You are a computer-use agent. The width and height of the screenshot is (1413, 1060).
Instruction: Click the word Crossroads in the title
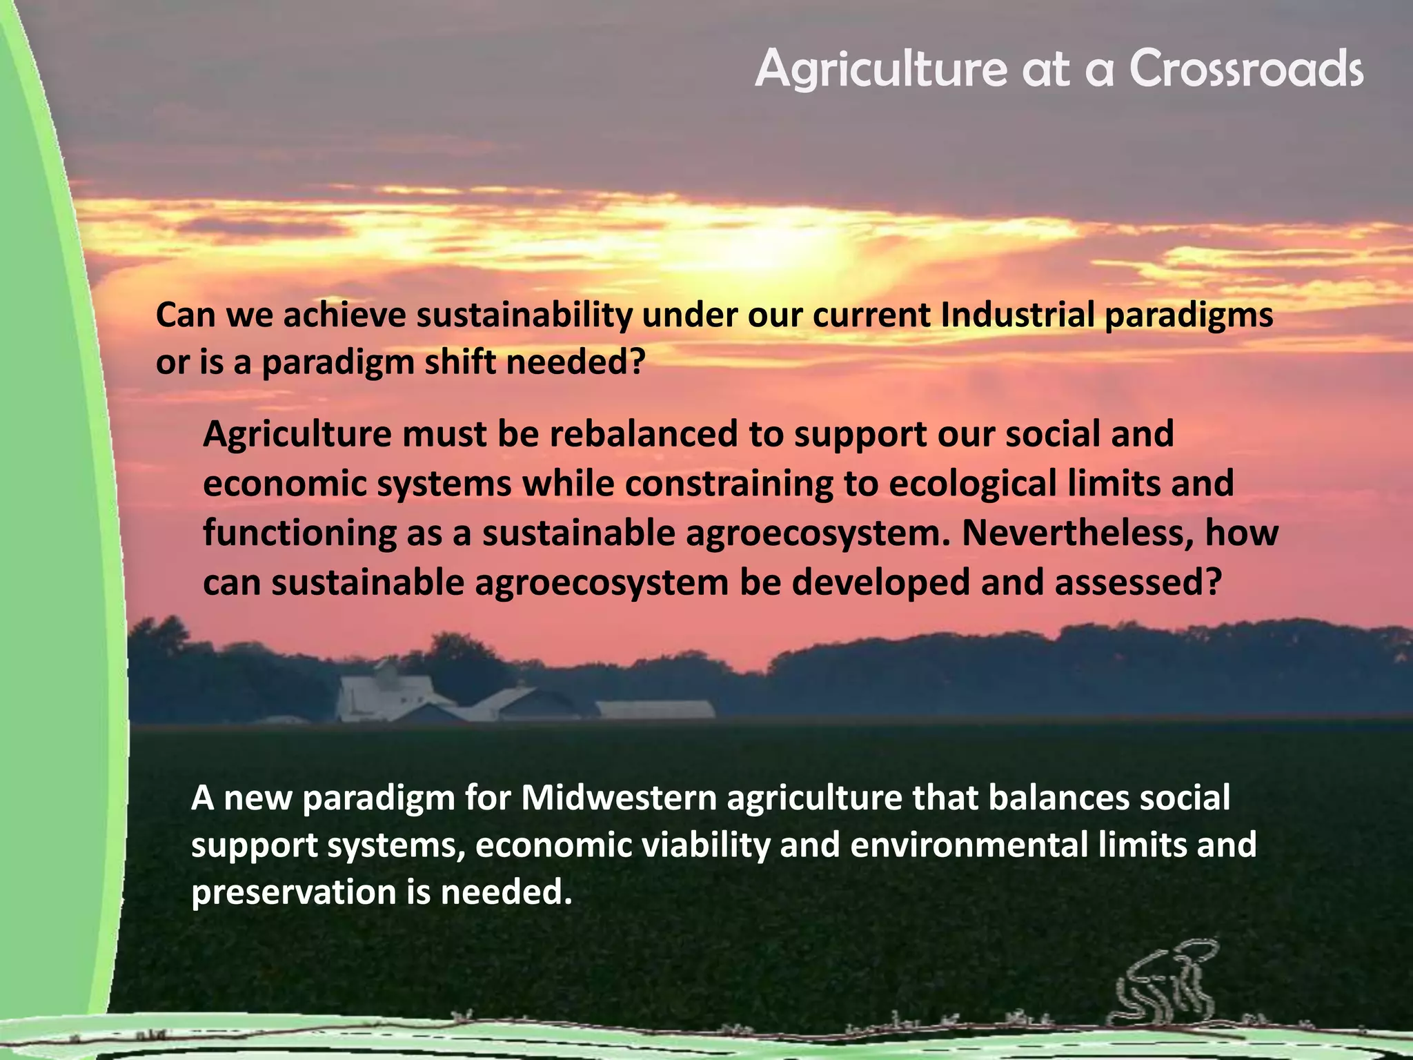[x=1246, y=69]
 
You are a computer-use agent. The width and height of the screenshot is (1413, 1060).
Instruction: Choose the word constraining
[x=729, y=484]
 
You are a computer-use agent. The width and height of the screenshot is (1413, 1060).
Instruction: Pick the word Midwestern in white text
[x=619, y=798]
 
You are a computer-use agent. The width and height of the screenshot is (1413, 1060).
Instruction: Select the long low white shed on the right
[x=655, y=709]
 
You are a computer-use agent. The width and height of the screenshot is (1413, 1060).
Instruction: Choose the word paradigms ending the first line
[x=1189, y=315]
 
